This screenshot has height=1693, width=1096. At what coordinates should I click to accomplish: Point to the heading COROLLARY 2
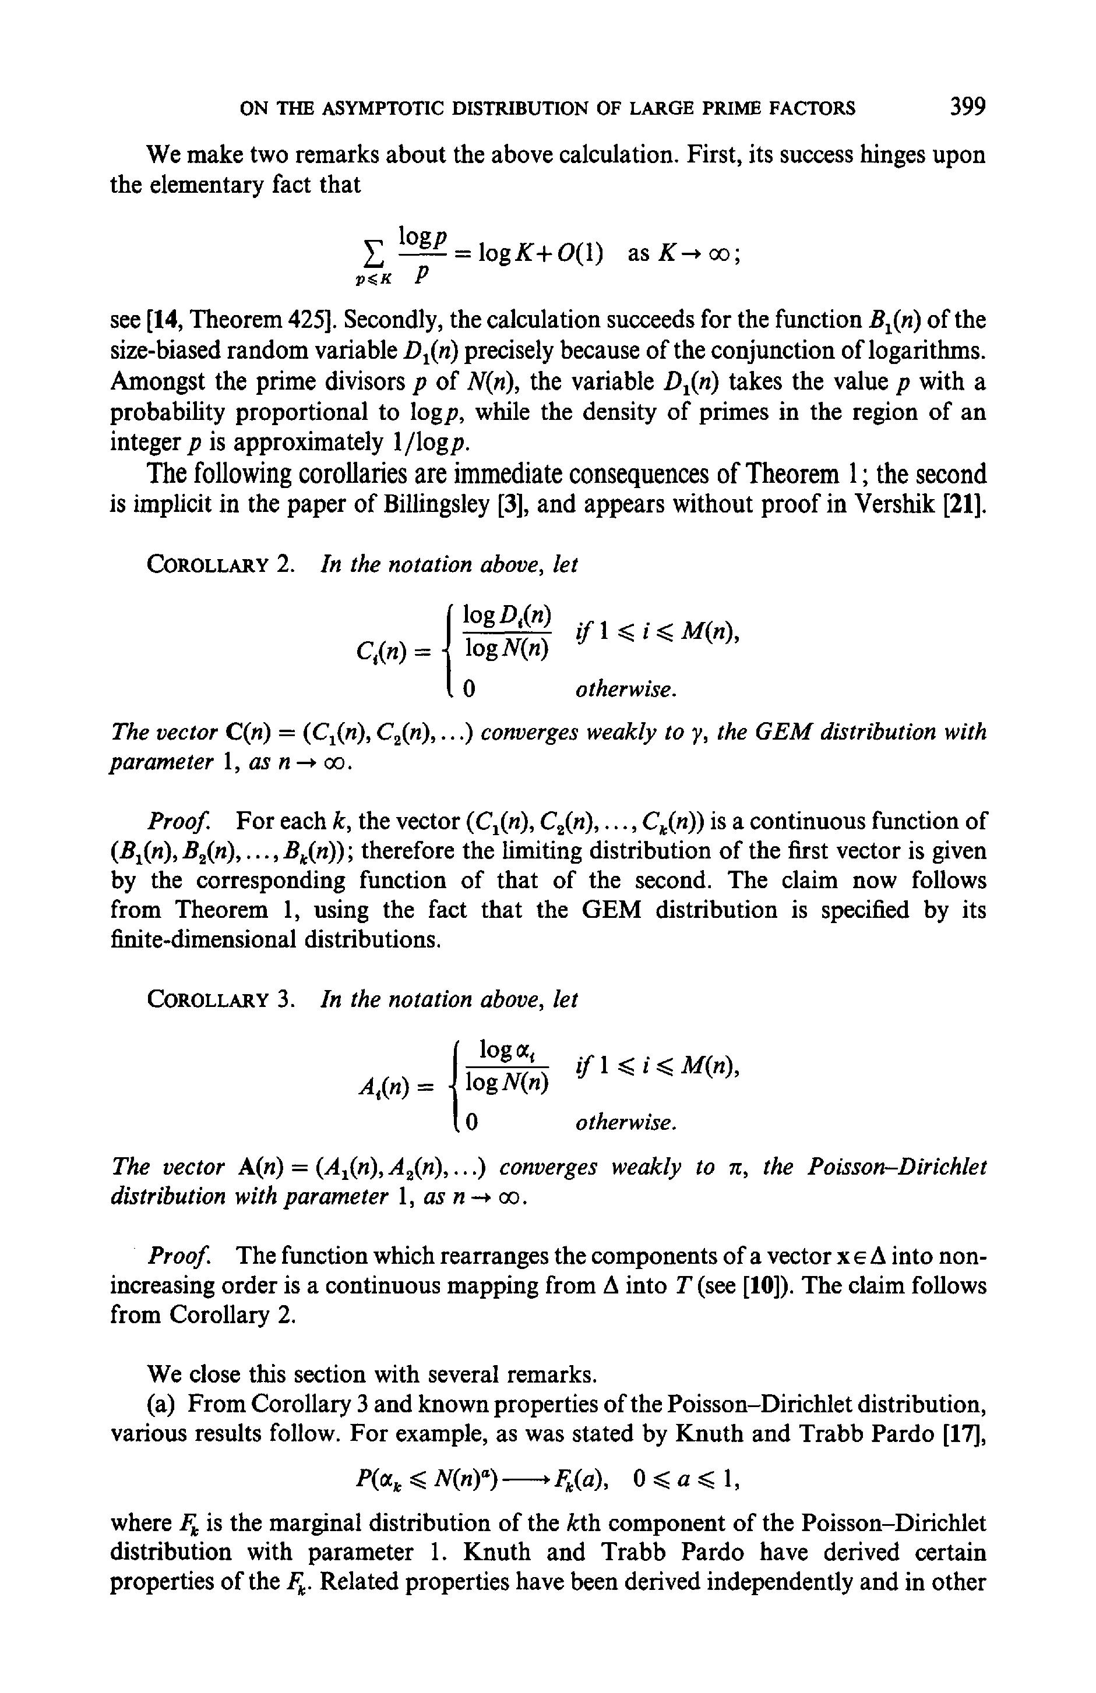(220, 565)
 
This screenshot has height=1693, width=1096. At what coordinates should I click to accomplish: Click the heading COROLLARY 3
(220, 999)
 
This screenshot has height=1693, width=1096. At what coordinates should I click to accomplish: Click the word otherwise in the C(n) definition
(625, 690)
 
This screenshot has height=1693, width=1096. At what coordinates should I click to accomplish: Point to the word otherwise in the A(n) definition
(625, 1123)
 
